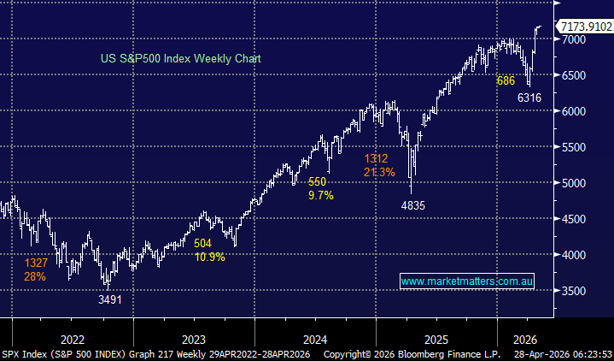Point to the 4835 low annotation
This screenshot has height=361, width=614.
pyautogui.click(x=413, y=206)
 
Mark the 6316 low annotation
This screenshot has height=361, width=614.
pyautogui.click(x=529, y=98)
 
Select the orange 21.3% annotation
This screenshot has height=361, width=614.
pyautogui.click(x=379, y=172)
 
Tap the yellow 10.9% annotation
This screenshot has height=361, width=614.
pyautogui.click(x=209, y=257)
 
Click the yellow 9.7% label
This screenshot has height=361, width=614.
pyautogui.click(x=321, y=195)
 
